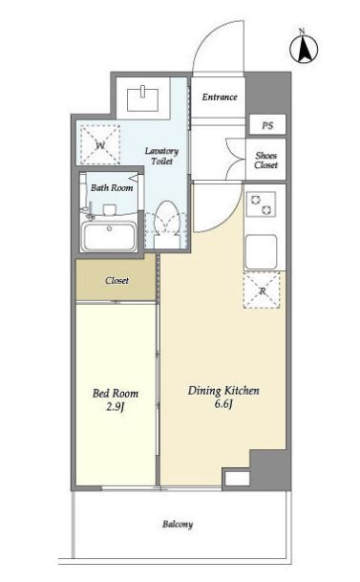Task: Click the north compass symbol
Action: [304, 48]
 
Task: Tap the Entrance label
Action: [220, 97]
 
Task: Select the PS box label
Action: [267, 125]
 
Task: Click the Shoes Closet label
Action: [266, 161]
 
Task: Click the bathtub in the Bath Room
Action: [109, 237]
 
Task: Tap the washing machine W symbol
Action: [100, 144]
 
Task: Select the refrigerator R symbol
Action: [262, 291]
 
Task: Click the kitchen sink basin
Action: [261, 251]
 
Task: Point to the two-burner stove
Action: [262, 205]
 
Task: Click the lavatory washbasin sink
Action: [143, 99]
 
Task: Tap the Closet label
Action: [116, 281]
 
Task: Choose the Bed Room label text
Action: [116, 393]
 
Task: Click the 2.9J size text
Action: [115, 407]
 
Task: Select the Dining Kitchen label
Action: [223, 391]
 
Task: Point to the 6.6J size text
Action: [223, 404]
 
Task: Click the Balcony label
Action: [178, 525]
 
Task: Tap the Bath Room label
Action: [112, 188]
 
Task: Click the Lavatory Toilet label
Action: [161, 156]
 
